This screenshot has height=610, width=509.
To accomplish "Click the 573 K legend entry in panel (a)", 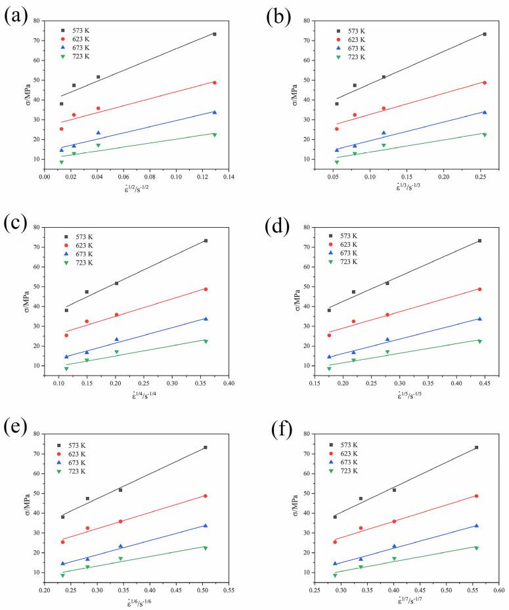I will (x=77, y=31).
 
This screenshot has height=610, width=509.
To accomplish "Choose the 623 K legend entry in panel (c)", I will (x=77, y=246).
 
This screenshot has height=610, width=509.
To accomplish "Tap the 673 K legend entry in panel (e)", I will (x=77, y=462).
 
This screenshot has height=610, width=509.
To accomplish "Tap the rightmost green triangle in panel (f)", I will (x=476, y=548).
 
